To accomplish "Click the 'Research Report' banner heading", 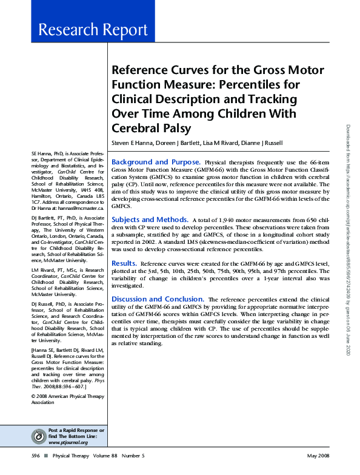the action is pos(92,30).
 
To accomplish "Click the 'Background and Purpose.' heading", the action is pos(156,162).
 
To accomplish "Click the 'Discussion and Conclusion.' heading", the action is pos(158,299).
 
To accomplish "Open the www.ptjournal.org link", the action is pos(68,442).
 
